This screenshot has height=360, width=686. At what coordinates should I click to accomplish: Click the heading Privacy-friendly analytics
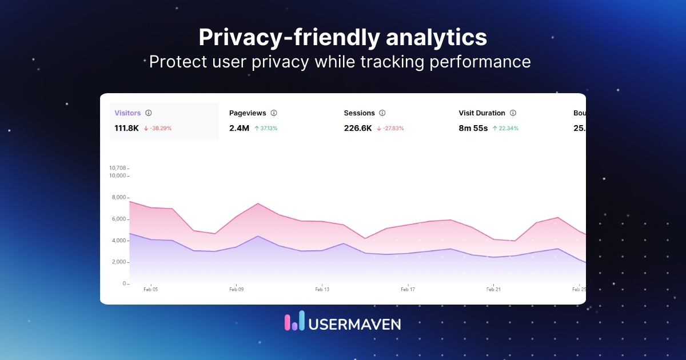click(x=342, y=38)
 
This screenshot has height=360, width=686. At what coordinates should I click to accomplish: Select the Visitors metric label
click(x=127, y=113)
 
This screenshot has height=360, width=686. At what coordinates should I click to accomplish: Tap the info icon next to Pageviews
click(x=274, y=113)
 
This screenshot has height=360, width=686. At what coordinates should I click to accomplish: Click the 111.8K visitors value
click(x=127, y=128)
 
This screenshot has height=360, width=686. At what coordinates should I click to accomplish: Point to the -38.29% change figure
click(x=161, y=129)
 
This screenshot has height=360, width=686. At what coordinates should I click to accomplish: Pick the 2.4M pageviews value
click(x=239, y=128)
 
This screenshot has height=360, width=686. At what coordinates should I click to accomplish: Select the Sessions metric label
click(x=359, y=113)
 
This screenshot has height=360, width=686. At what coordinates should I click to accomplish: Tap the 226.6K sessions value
click(x=357, y=128)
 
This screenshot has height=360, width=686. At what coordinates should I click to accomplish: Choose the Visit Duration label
click(x=482, y=113)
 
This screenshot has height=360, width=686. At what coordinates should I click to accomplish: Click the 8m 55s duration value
click(x=473, y=128)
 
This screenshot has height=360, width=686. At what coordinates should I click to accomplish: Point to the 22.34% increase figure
click(x=508, y=129)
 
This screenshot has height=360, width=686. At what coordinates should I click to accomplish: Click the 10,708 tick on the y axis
click(x=117, y=168)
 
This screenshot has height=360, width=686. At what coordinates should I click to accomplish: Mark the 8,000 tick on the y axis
click(x=118, y=197)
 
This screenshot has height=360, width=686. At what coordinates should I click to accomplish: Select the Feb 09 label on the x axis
click(x=236, y=290)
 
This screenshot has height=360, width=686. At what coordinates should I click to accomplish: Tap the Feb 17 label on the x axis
click(x=408, y=290)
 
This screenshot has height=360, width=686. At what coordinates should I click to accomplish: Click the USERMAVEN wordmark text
click(x=354, y=324)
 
